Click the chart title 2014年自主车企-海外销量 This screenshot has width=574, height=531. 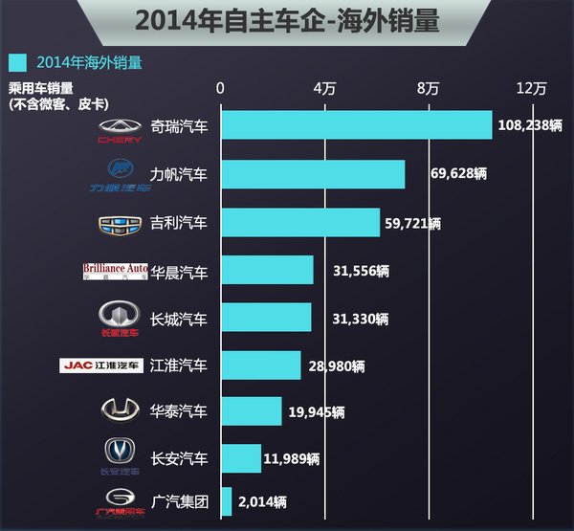(x=287, y=21)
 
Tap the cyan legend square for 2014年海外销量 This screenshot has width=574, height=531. (x=17, y=63)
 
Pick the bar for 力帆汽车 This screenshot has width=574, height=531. (x=313, y=174)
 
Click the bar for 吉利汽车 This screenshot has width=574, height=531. (x=300, y=223)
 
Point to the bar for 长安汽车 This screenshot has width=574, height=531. (x=241, y=457)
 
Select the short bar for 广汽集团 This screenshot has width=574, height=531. (x=227, y=500)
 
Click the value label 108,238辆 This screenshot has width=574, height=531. (x=531, y=125)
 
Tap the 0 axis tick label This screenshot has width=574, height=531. (x=221, y=89)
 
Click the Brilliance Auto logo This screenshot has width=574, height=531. (x=115, y=271)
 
